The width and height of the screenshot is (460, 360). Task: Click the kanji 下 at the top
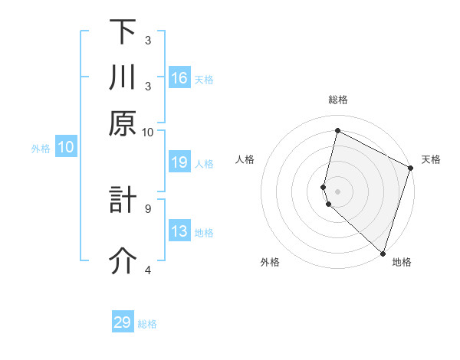tap(123, 33)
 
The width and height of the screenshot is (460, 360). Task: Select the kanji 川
tap(123, 77)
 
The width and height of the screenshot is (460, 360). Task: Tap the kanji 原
tap(123, 123)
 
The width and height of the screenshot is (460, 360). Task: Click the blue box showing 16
tap(179, 77)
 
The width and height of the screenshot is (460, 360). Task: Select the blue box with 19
tap(179, 162)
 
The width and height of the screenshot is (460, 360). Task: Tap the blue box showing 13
tap(179, 232)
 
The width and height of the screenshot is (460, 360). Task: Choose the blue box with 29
tap(123, 322)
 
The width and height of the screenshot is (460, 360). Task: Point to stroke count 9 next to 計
tap(148, 208)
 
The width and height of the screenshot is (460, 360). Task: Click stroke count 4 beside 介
tap(148, 270)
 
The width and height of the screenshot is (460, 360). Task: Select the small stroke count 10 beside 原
tap(148, 132)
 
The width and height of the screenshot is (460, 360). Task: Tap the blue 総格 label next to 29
tap(147, 324)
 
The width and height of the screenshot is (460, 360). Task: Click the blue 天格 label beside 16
tap(204, 79)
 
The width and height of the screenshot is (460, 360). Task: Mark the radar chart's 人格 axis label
tap(245, 159)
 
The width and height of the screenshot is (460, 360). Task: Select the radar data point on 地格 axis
tap(382, 253)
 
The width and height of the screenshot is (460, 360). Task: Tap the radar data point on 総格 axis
tap(337, 130)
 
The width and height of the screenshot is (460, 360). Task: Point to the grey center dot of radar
tap(337, 190)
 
